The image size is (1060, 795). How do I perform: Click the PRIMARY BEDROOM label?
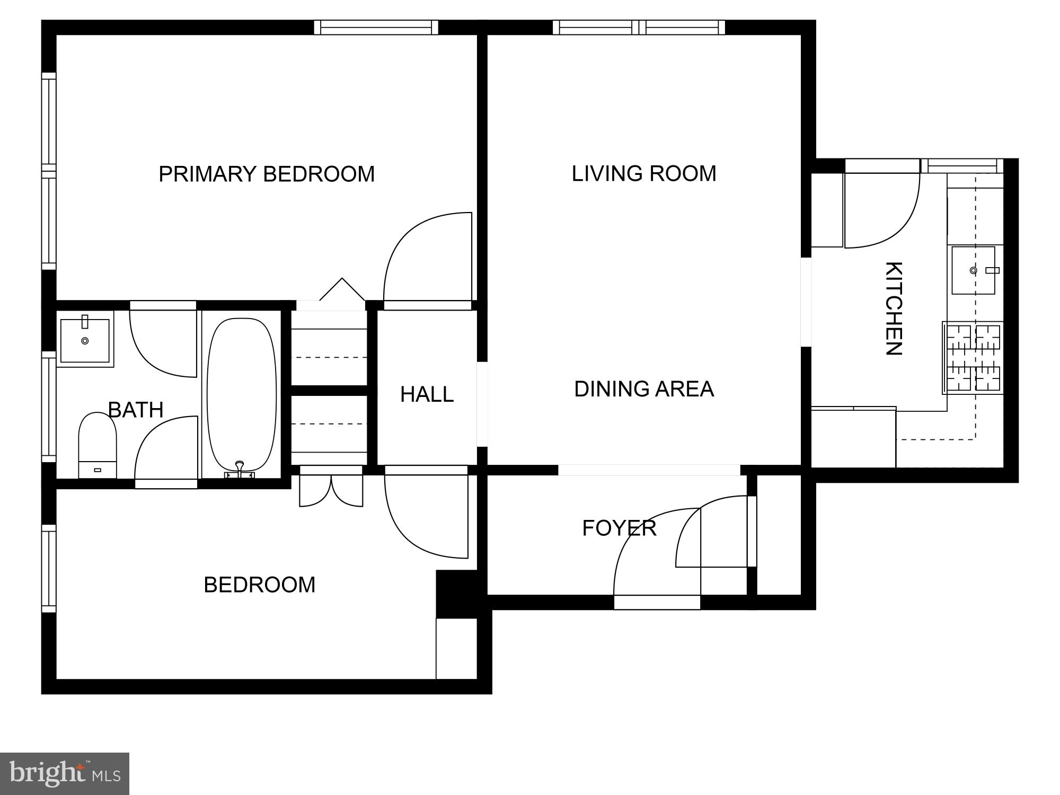(267, 174)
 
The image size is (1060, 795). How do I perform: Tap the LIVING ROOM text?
(643, 173)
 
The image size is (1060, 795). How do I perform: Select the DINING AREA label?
(643, 389)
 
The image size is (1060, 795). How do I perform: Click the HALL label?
(427, 394)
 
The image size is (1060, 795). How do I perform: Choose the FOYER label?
(619, 528)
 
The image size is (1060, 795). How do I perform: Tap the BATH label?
(136, 410)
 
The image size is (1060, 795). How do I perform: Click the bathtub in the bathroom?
(242, 395)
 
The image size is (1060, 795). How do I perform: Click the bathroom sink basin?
(85, 339)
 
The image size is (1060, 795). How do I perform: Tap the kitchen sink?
(973, 270)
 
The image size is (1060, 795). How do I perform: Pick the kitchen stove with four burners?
(973, 358)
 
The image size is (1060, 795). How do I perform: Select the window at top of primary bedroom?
(376, 27)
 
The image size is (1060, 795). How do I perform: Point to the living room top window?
(639, 27)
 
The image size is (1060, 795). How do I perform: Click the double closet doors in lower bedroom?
(331, 490)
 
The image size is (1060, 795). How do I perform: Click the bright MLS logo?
(64, 773)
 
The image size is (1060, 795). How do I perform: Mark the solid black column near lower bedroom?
(456, 594)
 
